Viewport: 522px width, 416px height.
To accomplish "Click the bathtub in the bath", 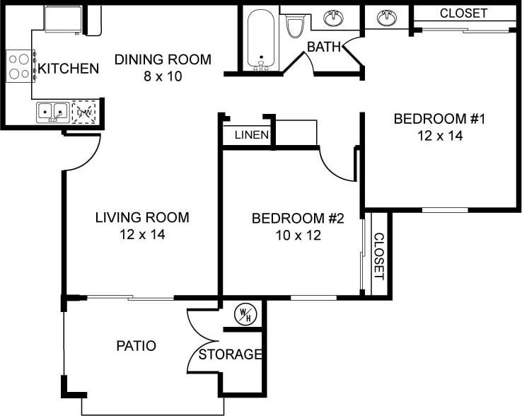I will tap(262, 38).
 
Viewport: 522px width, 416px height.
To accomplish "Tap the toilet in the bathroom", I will tap(294, 26).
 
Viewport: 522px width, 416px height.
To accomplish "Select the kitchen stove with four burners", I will tap(20, 66).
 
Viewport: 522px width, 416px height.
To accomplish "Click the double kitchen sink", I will tap(52, 111).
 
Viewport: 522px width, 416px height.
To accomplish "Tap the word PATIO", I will tap(136, 346).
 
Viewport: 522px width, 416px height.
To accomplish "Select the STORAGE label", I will tap(231, 354).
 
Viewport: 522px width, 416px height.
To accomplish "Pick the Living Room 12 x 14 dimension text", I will tap(142, 234).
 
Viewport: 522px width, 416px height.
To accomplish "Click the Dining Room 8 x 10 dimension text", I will tap(163, 76).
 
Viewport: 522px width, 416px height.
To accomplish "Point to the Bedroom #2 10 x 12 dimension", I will tap(298, 235).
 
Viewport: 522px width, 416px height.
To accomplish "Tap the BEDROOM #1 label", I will tap(439, 118).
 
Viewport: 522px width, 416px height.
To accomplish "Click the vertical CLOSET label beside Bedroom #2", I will tap(378, 256).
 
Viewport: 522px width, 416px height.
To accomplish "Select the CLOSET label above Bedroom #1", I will tap(463, 13).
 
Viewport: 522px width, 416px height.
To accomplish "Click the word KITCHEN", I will tap(68, 69).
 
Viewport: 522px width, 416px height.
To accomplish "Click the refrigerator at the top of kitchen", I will tap(63, 18).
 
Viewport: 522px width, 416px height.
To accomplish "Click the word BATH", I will tap(323, 47).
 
